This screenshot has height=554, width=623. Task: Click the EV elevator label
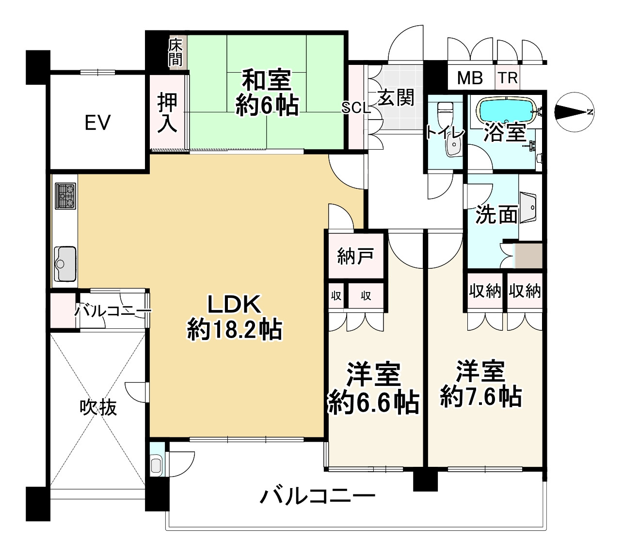click(97, 123)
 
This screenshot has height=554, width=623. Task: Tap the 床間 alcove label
click(175, 52)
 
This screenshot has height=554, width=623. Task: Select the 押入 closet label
click(167, 112)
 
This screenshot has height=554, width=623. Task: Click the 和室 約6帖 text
click(267, 93)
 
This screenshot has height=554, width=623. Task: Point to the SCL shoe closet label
click(356, 108)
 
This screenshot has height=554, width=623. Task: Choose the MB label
click(470, 77)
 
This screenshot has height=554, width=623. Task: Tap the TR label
click(508, 77)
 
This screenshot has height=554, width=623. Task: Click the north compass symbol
click(574, 112)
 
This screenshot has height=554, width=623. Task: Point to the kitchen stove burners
click(65, 196)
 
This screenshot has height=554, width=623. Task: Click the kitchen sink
click(64, 263)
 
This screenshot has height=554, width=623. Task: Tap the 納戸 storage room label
click(355, 256)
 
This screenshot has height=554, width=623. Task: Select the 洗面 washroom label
click(496, 214)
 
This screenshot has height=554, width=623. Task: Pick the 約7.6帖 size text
click(481, 397)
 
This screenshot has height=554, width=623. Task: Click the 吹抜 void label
click(98, 407)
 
